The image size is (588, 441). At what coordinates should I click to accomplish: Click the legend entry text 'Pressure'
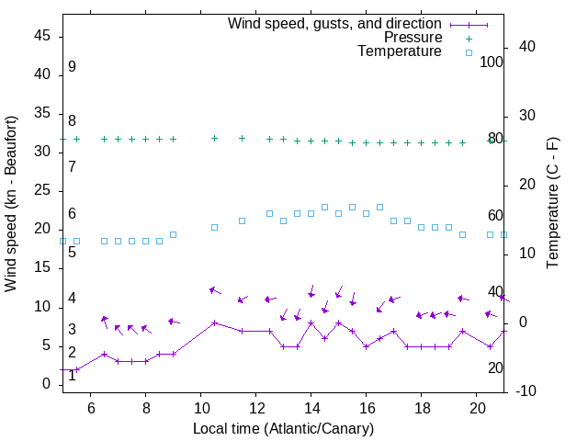(x=413, y=38)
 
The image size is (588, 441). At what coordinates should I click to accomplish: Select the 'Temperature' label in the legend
(x=400, y=51)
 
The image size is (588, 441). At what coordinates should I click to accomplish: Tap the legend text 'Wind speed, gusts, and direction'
(x=335, y=24)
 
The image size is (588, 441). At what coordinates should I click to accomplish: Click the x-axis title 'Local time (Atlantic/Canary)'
(x=283, y=429)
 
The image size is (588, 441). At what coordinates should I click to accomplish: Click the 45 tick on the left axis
(x=42, y=36)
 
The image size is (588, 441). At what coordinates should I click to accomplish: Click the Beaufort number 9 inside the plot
(x=72, y=67)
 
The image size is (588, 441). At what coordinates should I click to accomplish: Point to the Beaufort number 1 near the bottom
(x=72, y=375)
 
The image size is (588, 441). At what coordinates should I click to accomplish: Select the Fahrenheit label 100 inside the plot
(x=492, y=62)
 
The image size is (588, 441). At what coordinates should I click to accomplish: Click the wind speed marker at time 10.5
(x=214, y=322)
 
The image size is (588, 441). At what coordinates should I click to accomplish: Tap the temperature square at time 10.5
(x=214, y=227)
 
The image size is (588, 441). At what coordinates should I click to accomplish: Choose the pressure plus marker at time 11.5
(x=242, y=138)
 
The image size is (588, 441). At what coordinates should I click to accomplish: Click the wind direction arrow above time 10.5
(x=215, y=290)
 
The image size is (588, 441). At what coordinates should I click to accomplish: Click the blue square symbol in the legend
(x=468, y=52)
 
